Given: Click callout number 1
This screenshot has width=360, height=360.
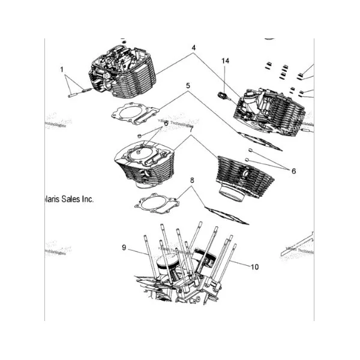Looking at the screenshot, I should (61, 70).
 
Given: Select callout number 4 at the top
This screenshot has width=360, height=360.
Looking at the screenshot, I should (194, 47).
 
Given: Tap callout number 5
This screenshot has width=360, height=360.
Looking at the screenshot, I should (188, 86).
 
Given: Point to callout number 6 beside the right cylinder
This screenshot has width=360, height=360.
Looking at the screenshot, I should (293, 171).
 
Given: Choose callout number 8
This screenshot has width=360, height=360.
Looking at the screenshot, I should (192, 181).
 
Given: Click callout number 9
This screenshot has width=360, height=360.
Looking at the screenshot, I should (124, 247).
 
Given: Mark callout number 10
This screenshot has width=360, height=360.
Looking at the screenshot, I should (255, 266).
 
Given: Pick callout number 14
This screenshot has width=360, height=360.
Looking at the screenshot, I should (226, 61).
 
